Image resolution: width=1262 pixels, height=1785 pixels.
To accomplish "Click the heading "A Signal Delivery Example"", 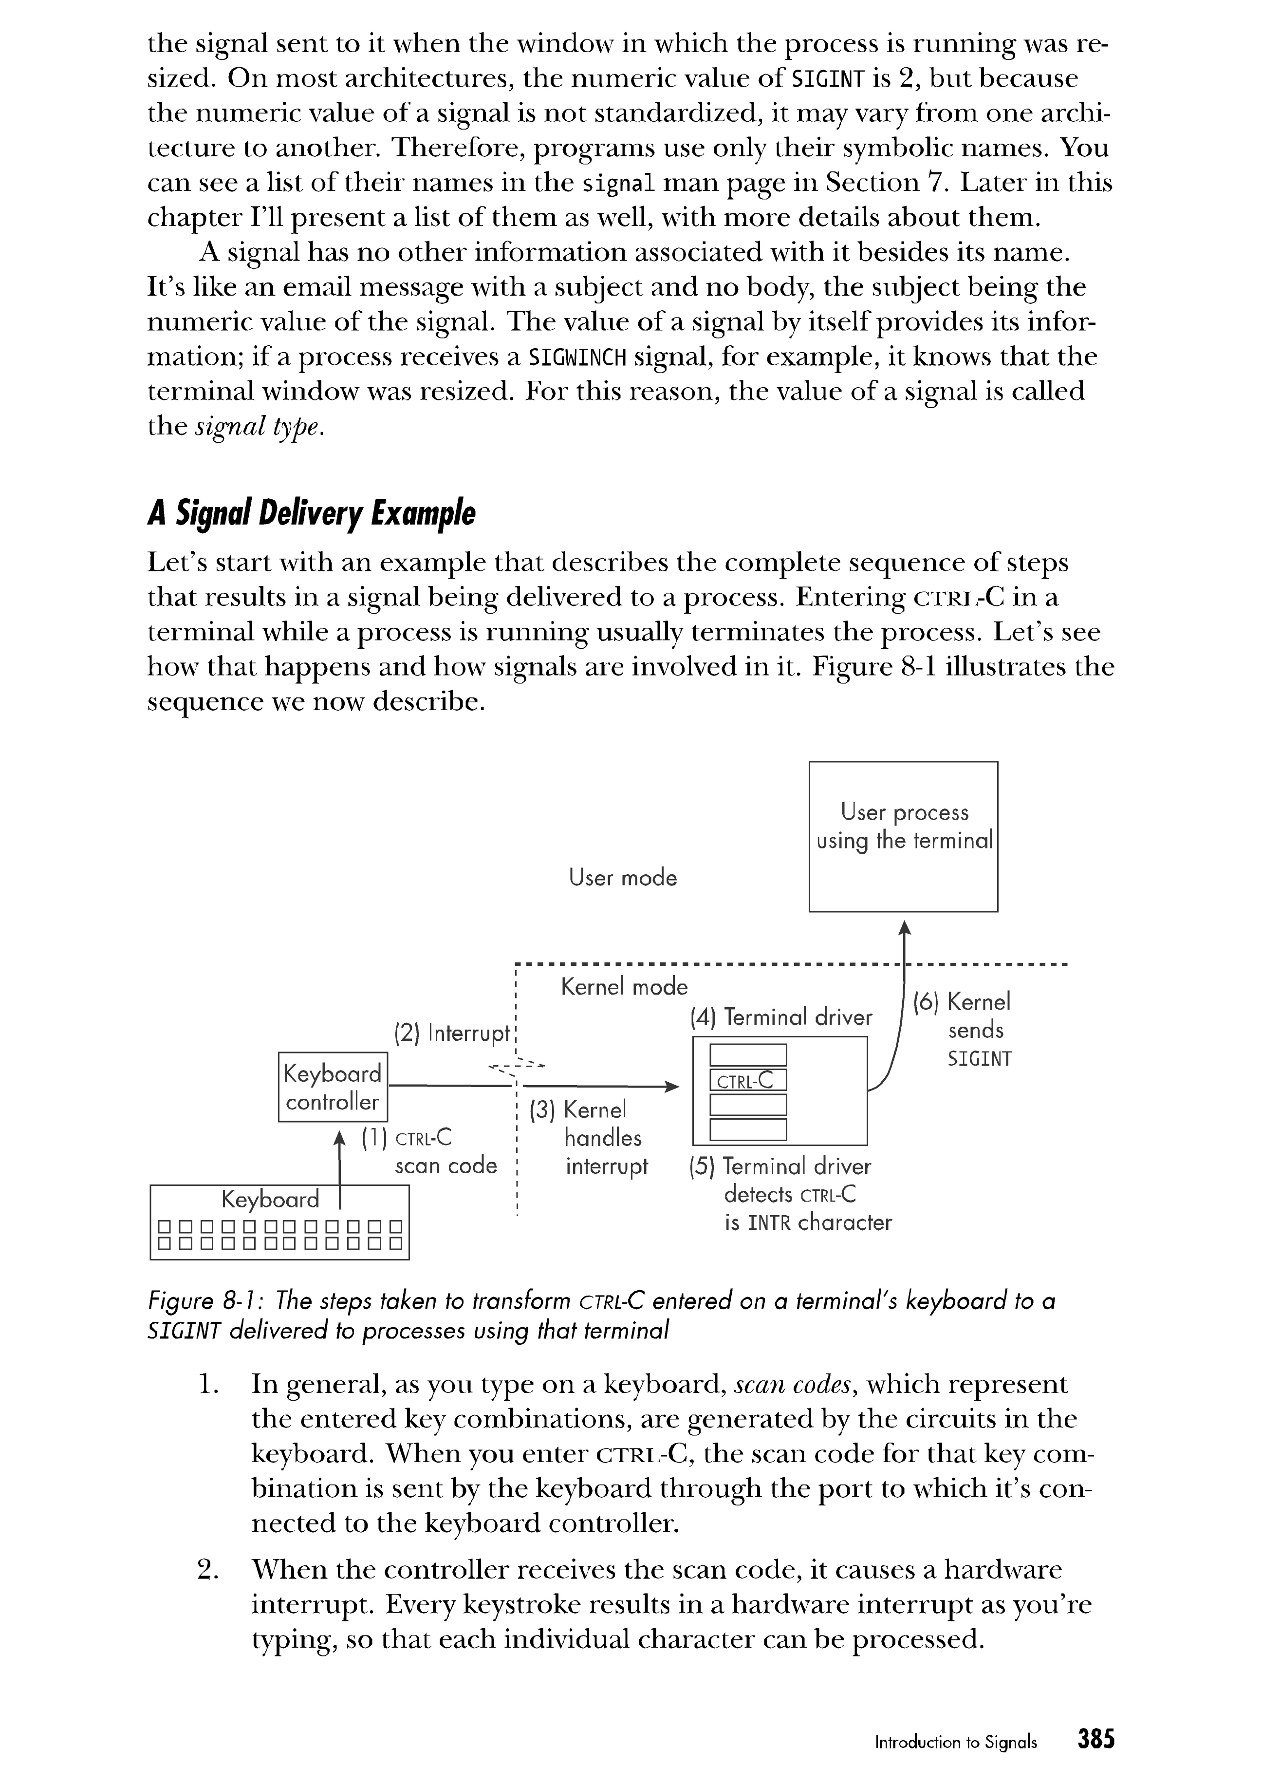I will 311,514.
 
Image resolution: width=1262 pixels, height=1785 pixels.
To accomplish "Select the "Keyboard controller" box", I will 333,1087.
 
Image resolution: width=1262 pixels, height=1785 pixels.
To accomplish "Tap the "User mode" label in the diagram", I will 622,878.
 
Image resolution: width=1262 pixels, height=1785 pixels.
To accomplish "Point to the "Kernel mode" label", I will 624,987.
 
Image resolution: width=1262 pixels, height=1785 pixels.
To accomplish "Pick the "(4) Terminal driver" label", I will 781,1017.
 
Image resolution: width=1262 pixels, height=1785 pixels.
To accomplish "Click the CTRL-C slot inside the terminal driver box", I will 747,1080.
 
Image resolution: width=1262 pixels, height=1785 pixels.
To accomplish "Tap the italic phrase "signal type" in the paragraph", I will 257,427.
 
